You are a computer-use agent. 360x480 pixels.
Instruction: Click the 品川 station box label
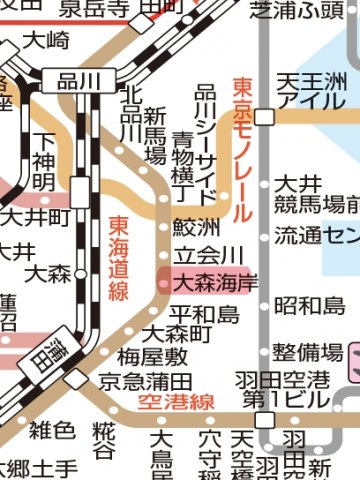tap(72, 81)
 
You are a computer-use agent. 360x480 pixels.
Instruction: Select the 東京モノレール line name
tap(242, 150)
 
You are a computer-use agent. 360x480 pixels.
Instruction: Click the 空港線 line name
tap(178, 402)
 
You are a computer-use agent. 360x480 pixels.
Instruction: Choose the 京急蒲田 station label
tap(145, 381)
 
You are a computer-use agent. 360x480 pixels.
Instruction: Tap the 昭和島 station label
tap(310, 305)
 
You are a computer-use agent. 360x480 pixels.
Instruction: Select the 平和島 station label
tap(208, 315)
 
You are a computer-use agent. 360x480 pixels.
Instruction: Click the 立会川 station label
tap(208, 255)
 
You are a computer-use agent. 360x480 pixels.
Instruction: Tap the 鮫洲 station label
tap(195, 227)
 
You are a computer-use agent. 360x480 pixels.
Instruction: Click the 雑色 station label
tap(52, 432)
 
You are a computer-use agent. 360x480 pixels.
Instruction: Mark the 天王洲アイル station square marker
tap(264, 117)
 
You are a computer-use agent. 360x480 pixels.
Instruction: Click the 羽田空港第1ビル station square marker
tap(264, 420)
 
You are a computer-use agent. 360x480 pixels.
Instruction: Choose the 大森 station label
tap(47, 272)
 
